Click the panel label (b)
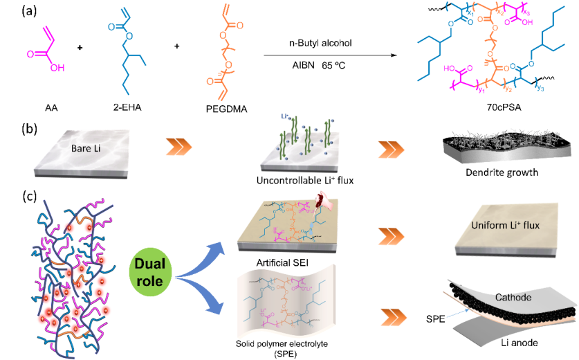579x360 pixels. pos(12,127)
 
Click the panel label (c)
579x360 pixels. pos(12,195)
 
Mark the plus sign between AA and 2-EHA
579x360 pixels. pos(81,48)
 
